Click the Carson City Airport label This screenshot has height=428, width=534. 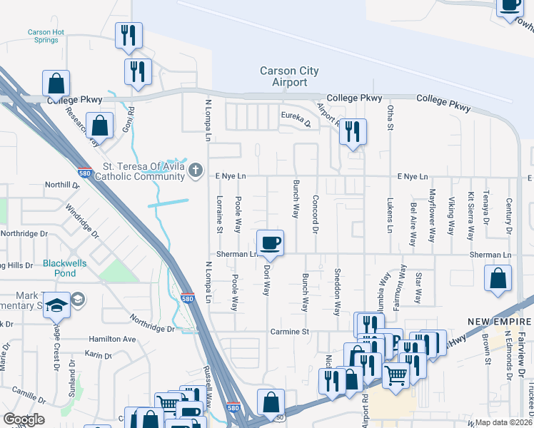(x=289, y=77)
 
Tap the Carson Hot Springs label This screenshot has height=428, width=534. (x=46, y=36)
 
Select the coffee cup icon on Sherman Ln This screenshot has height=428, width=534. (x=271, y=243)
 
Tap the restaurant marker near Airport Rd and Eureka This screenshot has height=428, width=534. (x=352, y=132)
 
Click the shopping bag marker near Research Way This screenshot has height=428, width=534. (x=99, y=126)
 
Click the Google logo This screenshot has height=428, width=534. (x=24, y=419)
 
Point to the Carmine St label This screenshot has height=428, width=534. (x=289, y=332)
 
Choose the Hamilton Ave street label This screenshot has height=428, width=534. (x=112, y=340)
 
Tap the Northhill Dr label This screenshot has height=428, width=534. (x=61, y=184)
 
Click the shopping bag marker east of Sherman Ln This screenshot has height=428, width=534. (x=498, y=278)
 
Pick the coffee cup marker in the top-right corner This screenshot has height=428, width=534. (x=511, y=5)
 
